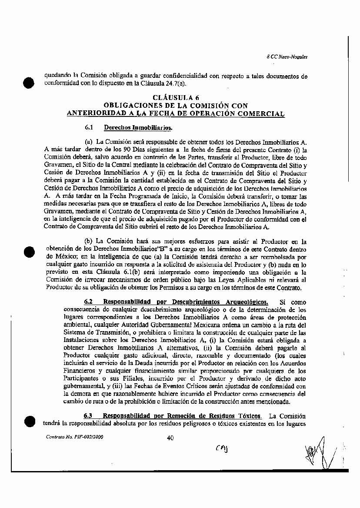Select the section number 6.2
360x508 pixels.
pos(89,302)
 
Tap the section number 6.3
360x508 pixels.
pos(89,416)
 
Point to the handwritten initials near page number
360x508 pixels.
pos(222,448)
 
